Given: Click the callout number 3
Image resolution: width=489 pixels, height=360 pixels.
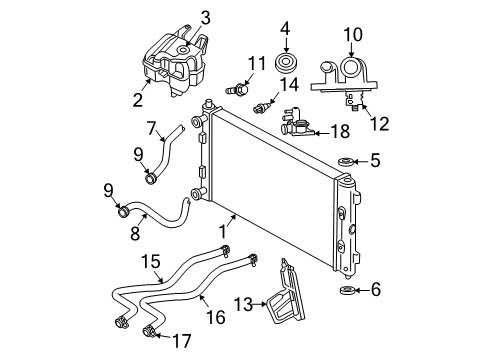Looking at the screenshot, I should [204, 16].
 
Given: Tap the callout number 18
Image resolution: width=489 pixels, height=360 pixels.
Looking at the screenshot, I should [340, 131].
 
